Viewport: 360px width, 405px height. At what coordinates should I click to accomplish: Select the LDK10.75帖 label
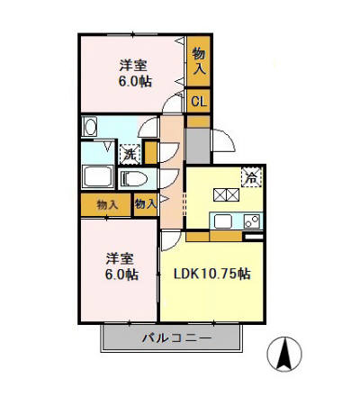212,274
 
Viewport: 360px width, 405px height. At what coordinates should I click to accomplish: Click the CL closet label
199,102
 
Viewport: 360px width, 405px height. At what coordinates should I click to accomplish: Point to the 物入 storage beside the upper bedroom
199,62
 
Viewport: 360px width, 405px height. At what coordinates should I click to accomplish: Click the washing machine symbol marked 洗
130,154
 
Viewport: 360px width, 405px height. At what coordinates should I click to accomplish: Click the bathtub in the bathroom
97,176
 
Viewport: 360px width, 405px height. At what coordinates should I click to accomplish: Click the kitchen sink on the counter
222,220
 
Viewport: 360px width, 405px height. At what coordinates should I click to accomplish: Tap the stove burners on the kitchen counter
251,220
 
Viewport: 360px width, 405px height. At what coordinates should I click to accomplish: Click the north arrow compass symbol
284,355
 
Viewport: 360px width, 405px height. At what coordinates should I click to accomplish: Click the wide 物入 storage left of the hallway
106,205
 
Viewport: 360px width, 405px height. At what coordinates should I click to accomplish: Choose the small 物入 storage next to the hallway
145,205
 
